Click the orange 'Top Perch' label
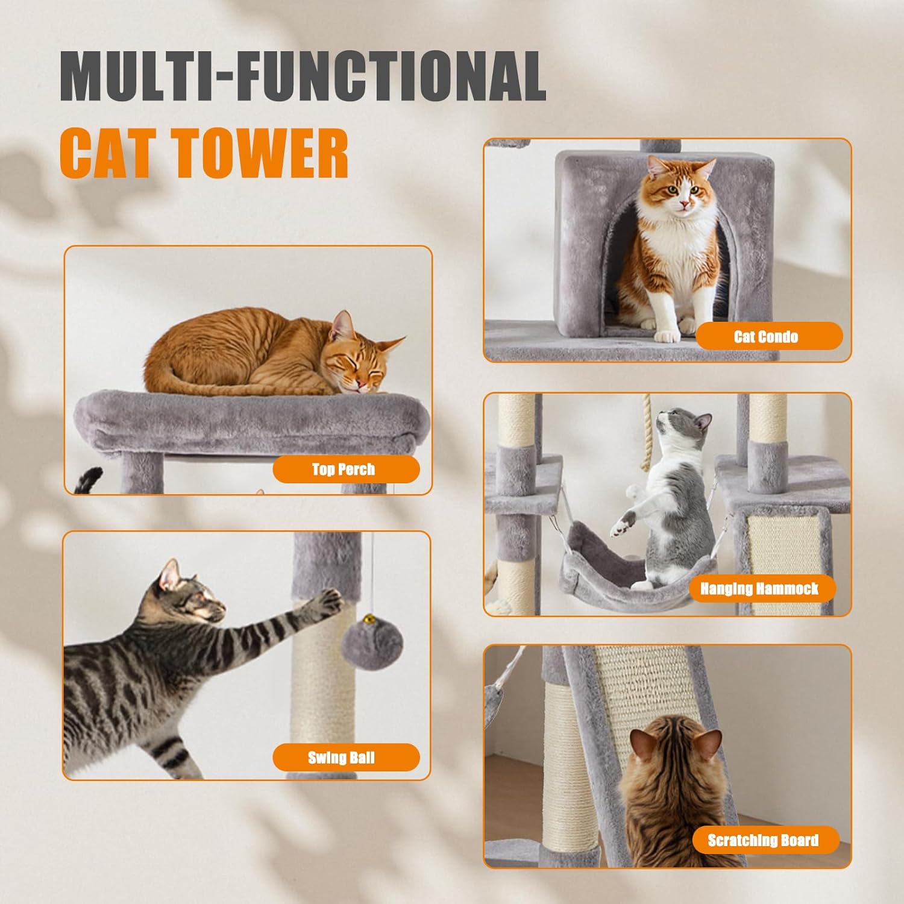pyautogui.click(x=346, y=469)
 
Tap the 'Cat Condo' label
pyautogui.click(x=769, y=336)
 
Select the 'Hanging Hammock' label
pyautogui.click(x=759, y=588)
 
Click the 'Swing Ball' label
pyautogui.click(x=346, y=758)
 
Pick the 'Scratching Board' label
pyautogui.click(x=765, y=840)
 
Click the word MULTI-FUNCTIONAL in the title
pyautogui.click(x=303, y=77)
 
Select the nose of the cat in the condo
pyautogui.click(x=683, y=204)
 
